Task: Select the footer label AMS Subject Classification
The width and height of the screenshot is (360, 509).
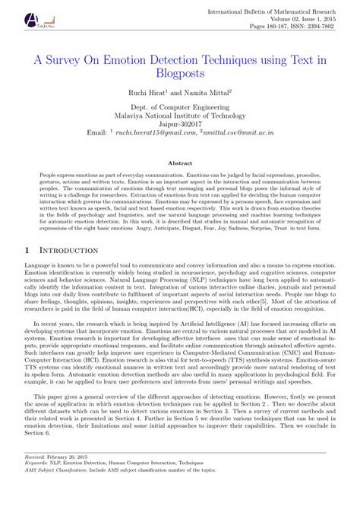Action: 62,492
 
